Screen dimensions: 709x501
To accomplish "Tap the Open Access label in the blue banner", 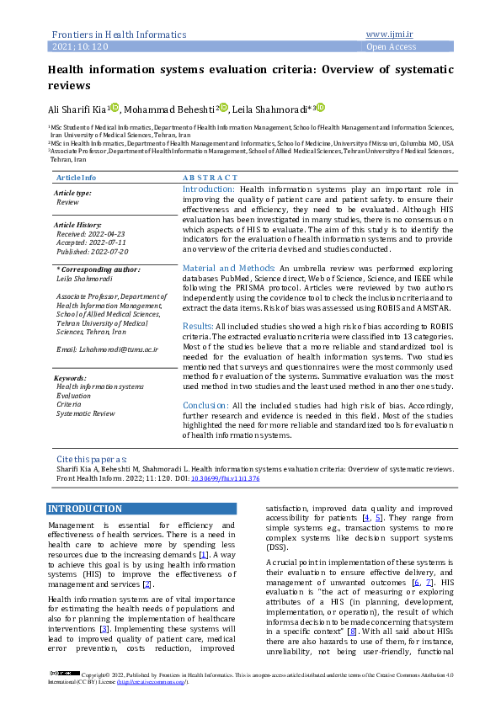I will (x=390, y=47).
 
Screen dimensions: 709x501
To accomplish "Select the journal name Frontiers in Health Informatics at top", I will (x=119, y=35).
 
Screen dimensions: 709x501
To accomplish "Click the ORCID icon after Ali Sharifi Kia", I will (x=115, y=108).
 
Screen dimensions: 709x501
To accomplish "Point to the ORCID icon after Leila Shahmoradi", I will (x=320, y=108).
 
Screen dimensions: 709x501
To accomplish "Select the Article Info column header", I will (x=76, y=178).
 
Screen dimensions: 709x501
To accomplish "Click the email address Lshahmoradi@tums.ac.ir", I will (x=103, y=349).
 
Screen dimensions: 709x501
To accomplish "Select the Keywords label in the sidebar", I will (x=70, y=378).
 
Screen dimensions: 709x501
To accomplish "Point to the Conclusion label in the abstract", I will (x=205, y=405).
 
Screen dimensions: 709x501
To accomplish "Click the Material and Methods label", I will (x=229, y=268).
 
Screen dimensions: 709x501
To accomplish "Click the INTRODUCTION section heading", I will (x=86, y=509).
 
